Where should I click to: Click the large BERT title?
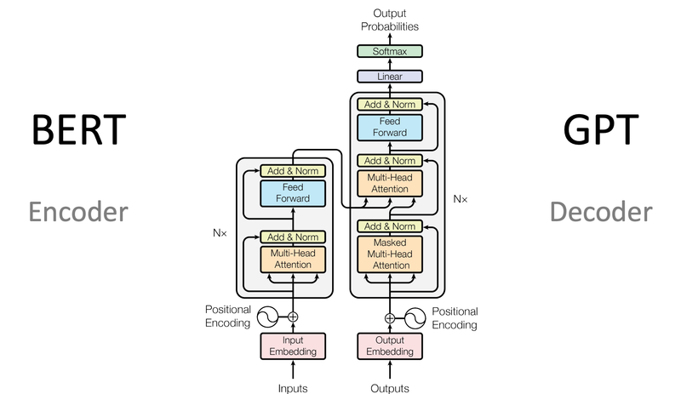(x=78, y=132)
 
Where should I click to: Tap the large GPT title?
(x=601, y=132)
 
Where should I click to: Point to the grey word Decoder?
(x=601, y=210)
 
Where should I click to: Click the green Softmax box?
(x=389, y=52)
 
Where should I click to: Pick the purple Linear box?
(x=389, y=77)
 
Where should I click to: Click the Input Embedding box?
(x=294, y=345)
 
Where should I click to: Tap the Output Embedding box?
(x=389, y=345)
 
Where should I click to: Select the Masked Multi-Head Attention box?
(x=389, y=254)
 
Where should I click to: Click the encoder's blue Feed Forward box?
(x=294, y=192)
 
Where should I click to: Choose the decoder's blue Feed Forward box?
(x=389, y=127)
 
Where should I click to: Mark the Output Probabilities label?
(x=389, y=19)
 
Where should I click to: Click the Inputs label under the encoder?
(x=294, y=388)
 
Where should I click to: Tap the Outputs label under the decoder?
(x=389, y=388)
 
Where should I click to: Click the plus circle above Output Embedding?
(x=390, y=317)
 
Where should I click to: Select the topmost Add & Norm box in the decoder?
(x=389, y=104)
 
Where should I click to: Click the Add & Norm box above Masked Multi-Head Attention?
(x=389, y=226)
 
